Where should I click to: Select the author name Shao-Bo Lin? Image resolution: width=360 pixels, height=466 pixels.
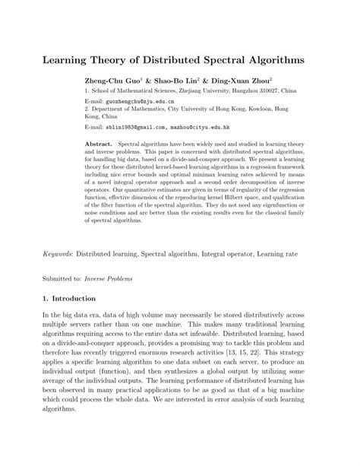[x=177, y=79]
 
